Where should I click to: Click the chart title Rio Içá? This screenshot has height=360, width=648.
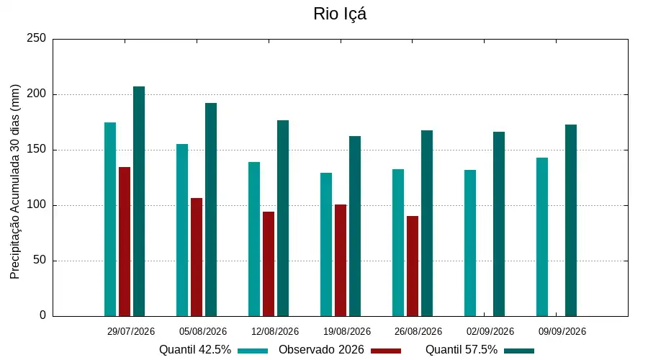[x=340, y=14]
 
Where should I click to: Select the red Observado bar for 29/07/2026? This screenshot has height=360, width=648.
[x=125, y=242]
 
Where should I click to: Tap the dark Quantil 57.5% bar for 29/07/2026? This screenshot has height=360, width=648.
[x=139, y=202]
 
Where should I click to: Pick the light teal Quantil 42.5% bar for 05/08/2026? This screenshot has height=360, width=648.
[x=182, y=230]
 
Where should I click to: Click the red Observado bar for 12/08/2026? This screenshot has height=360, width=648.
[x=269, y=264]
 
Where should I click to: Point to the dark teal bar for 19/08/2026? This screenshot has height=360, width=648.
[x=355, y=226]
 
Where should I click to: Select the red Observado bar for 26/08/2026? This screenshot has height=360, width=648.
[x=413, y=266]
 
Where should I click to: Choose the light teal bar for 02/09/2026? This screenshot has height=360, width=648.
[x=470, y=243]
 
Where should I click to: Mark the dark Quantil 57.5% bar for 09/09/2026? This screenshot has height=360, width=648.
[x=571, y=220]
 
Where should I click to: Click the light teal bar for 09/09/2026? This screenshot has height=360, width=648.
[x=542, y=237]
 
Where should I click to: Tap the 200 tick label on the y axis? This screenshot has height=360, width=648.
[x=36, y=94]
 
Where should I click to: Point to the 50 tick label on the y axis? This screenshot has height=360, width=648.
[x=40, y=260]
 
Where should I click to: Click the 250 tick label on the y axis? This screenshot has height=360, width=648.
[x=36, y=38]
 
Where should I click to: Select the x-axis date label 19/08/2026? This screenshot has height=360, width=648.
[x=347, y=331]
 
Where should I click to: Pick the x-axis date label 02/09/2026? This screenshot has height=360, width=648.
[x=490, y=331]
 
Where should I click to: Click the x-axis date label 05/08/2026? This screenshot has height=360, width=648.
[x=203, y=331]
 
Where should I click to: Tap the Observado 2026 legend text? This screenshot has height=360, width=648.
[x=321, y=350]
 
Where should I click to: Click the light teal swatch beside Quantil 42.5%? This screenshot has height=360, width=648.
[x=253, y=351]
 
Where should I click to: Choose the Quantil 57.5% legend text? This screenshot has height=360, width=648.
[x=462, y=350]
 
